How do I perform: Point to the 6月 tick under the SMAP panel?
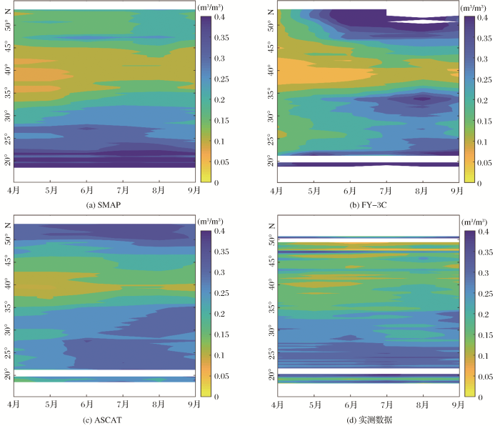(x=86, y=191)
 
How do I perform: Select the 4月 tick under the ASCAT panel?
(x=14, y=404)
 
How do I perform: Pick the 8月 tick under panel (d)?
(x=423, y=404)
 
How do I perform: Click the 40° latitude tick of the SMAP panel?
(x=6, y=71)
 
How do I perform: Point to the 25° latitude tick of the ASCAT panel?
(x=6, y=353)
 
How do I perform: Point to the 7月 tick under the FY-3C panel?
(x=386, y=191)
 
